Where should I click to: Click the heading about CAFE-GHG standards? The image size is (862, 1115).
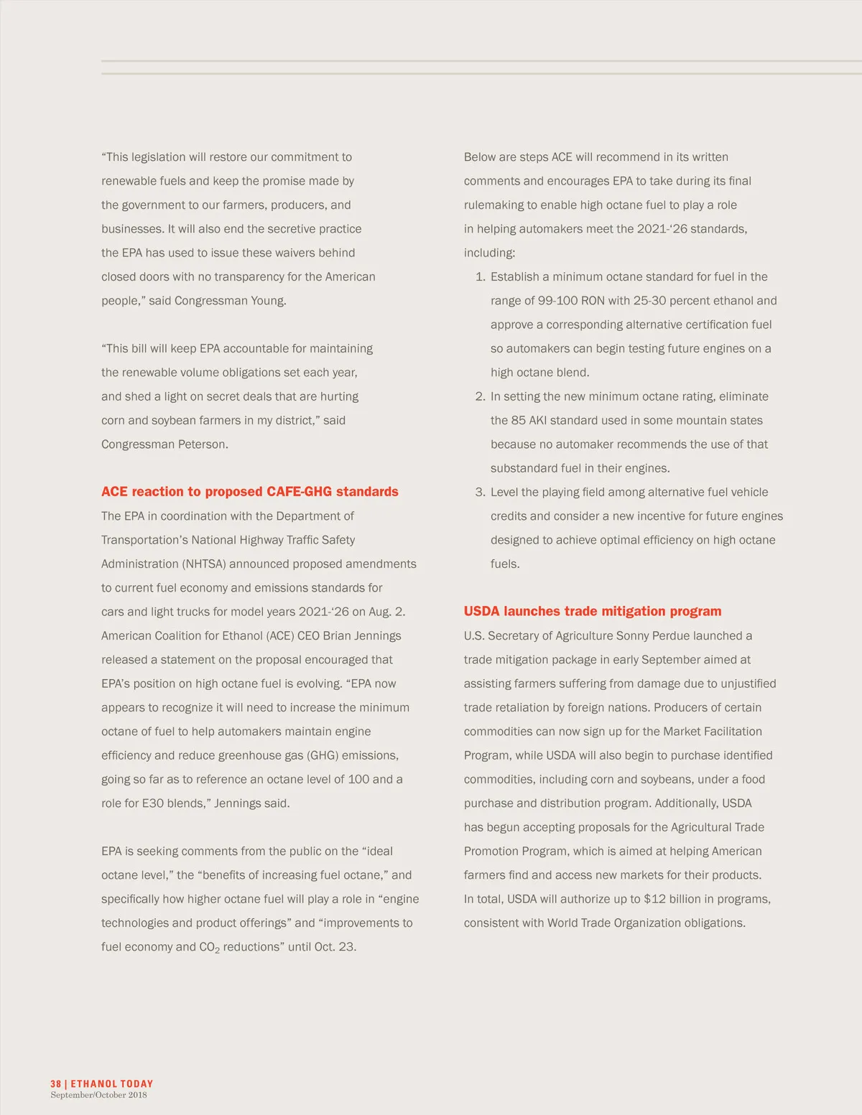click(249, 492)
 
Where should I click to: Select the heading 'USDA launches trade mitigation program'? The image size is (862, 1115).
click(593, 612)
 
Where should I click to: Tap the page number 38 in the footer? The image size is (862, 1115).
click(55, 1084)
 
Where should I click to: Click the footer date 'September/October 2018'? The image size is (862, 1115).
click(98, 1096)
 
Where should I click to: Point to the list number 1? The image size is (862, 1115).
click(480, 277)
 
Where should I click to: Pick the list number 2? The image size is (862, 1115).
click(480, 396)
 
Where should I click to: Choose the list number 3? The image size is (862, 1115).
click(480, 493)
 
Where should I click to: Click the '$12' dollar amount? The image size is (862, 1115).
click(654, 900)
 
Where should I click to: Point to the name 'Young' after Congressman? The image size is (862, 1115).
click(268, 301)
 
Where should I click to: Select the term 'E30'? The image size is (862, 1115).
click(153, 803)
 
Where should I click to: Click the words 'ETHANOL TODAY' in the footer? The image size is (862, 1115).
click(112, 1084)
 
